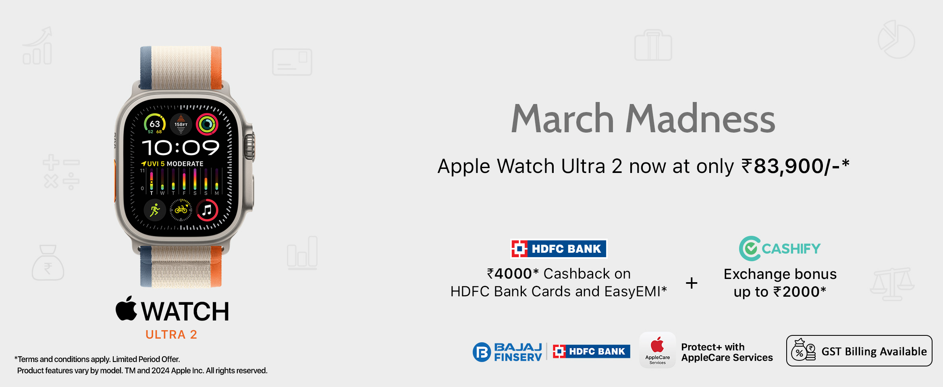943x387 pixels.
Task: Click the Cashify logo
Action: [x=780, y=248]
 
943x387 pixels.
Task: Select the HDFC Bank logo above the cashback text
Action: [x=559, y=249]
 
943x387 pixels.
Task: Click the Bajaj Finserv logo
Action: [x=507, y=352]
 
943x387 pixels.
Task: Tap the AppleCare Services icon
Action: [x=657, y=350]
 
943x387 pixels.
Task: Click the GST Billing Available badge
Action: [x=859, y=351]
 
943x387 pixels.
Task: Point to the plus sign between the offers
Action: [x=692, y=283]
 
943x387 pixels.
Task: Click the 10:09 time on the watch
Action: [x=181, y=148]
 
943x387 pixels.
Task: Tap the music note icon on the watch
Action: [x=207, y=210]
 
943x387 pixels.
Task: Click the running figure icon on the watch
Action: [x=155, y=210]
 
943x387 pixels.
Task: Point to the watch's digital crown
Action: [x=249, y=147]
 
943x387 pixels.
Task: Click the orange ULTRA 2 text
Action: [x=171, y=335]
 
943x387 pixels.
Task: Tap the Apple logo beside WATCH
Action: [x=127, y=308]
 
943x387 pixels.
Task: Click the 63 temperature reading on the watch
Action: [x=155, y=124]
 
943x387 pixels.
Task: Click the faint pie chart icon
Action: [x=896, y=40]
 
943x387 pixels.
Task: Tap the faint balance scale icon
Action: [x=892, y=284]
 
